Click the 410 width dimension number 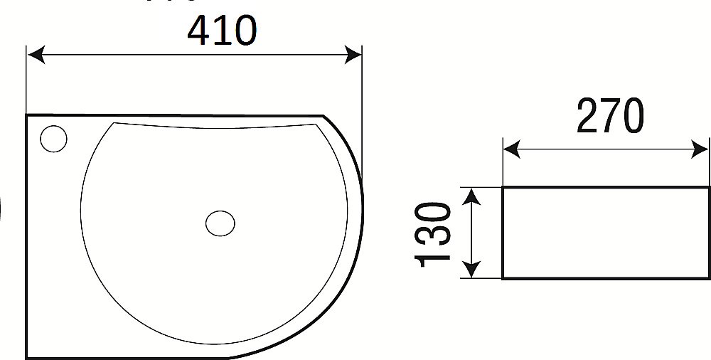point(221,31)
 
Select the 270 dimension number point(610,117)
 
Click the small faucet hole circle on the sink point(53,138)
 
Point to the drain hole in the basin point(220,223)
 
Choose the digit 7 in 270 point(610,117)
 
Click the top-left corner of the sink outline point(27,115)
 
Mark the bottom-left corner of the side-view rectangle point(503,278)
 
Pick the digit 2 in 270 point(587,117)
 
